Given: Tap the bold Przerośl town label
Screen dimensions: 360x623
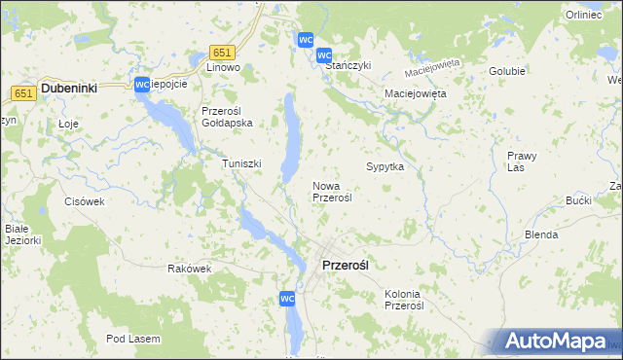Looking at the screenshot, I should [x=346, y=264].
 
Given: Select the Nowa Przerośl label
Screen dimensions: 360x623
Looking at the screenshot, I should [x=332, y=191].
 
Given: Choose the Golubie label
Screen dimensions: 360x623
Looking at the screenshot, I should [x=507, y=71].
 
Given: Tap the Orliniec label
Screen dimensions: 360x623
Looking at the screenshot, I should [x=584, y=16].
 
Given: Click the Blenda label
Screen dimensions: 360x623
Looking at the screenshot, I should [x=541, y=234].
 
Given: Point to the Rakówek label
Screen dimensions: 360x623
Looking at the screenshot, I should [x=189, y=269].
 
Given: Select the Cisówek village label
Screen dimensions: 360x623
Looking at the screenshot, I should [x=84, y=201].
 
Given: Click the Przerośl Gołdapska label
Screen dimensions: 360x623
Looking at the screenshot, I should [x=227, y=117].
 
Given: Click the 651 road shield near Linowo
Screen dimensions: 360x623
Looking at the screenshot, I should [x=222, y=53].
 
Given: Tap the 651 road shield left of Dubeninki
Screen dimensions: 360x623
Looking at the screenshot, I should [x=25, y=92].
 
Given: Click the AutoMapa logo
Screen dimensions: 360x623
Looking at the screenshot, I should [x=556, y=342].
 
